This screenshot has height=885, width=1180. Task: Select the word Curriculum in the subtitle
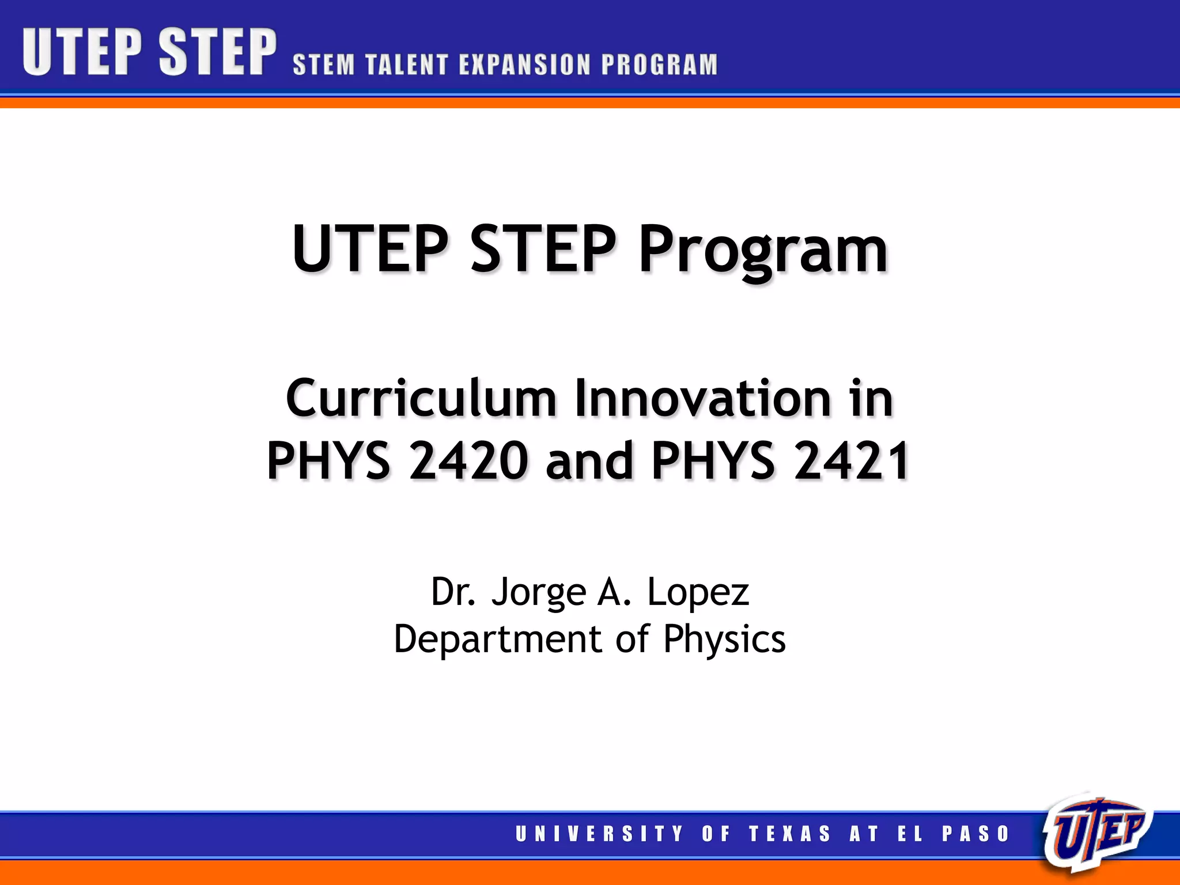coord(421,398)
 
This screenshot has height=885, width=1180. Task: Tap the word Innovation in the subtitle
coord(703,398)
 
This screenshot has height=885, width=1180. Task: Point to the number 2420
coord(468,460)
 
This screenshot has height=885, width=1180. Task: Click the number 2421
coord(852,460)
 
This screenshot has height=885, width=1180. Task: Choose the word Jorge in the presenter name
coord(538,592)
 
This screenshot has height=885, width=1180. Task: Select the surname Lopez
coord(698,592)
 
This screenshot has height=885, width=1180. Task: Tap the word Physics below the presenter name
coord(724,640)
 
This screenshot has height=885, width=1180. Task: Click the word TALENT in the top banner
coord(407,65)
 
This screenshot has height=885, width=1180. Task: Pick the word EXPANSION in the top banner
coord(525,65)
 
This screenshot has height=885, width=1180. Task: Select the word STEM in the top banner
coord(324,65)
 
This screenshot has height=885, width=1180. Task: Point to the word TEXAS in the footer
coord(790,834)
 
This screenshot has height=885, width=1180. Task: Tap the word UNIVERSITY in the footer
coord(599,834)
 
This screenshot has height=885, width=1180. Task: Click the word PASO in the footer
coord(976,834)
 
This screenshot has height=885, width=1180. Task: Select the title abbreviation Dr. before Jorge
coord(453,592)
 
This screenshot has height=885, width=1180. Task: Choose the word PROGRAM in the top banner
coord(660,65)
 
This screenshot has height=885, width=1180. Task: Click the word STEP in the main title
coord(543,249)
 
